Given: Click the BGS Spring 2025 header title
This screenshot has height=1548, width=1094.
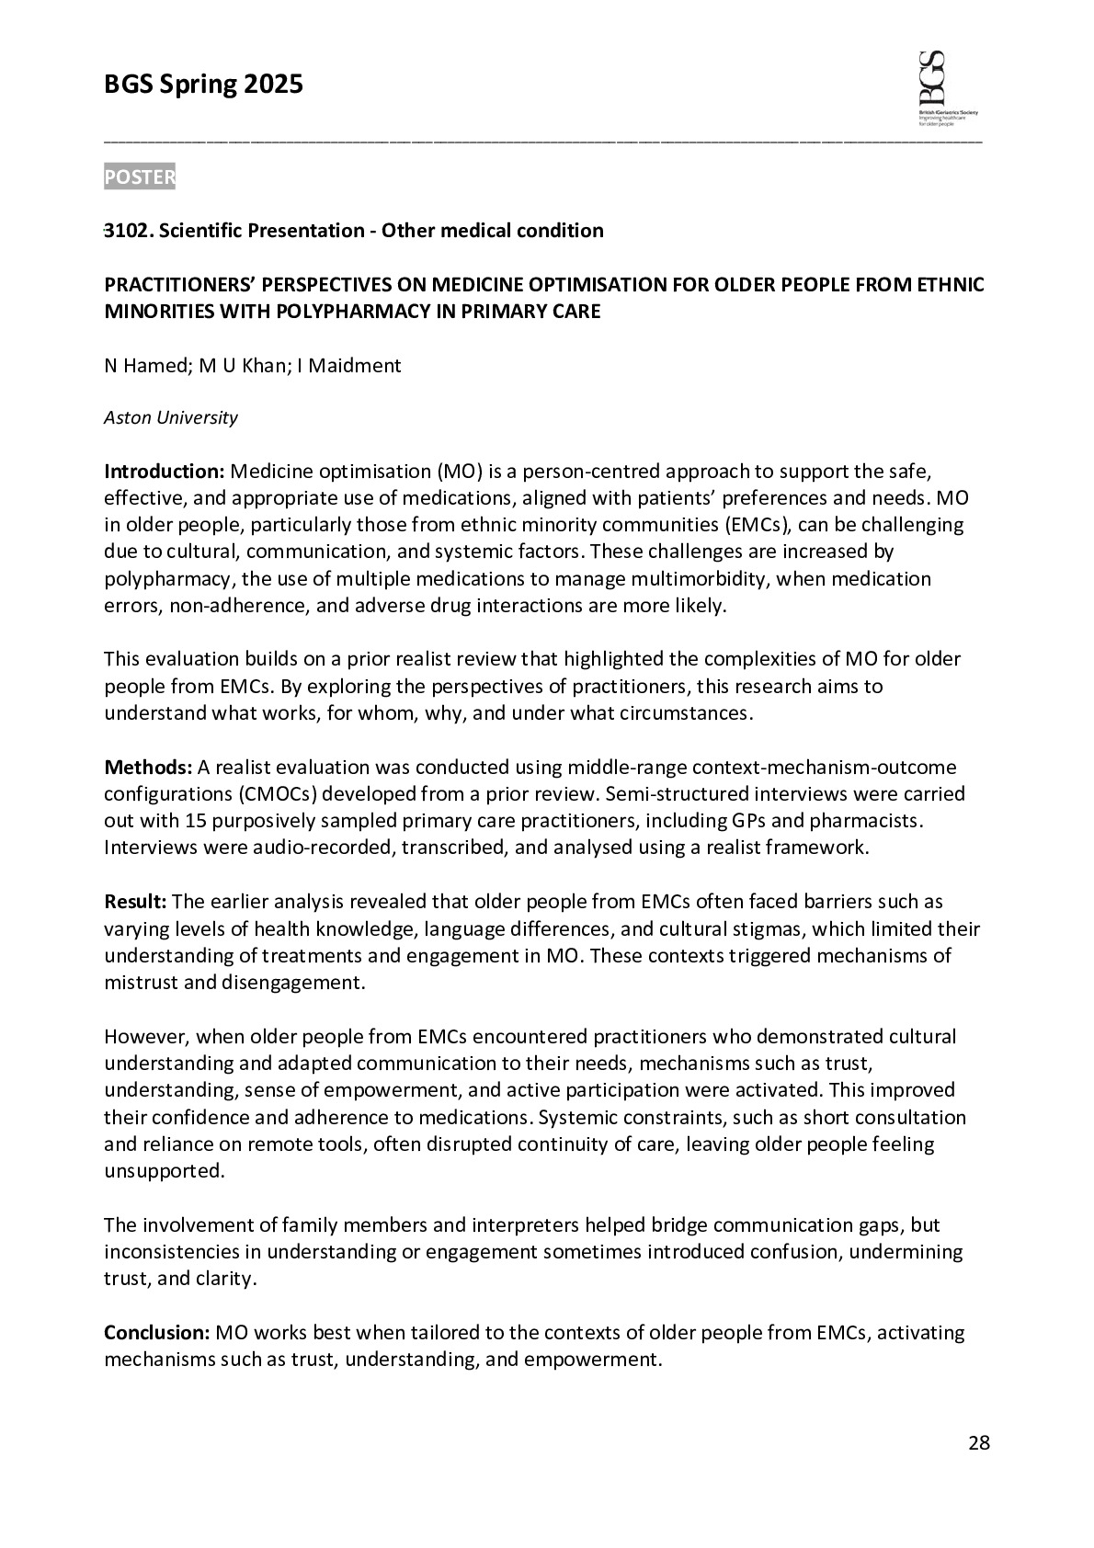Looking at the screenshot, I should click(203, 85).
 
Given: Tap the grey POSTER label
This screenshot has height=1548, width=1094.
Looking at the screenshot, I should click(140, 177).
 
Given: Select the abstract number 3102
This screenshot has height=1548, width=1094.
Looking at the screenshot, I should click(128, 231).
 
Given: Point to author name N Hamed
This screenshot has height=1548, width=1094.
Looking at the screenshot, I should click(145, 366).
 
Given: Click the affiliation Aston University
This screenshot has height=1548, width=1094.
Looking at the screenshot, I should click(170, 418).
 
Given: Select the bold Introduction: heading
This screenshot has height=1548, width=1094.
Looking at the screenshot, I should click(164, 472).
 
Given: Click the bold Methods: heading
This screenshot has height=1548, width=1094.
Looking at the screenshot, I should click(148, 768).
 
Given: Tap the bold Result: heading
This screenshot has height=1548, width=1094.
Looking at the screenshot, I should click(135, 902).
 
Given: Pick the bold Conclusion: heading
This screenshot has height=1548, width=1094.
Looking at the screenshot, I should click(157, 1333).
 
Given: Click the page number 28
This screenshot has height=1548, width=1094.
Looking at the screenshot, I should click(979, 1443).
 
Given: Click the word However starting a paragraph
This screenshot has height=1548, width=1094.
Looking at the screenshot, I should click(145, 1037).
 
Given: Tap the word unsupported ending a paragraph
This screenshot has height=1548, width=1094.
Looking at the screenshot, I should click(150, 1172).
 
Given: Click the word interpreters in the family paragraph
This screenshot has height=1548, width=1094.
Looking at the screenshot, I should click(525, 1225).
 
